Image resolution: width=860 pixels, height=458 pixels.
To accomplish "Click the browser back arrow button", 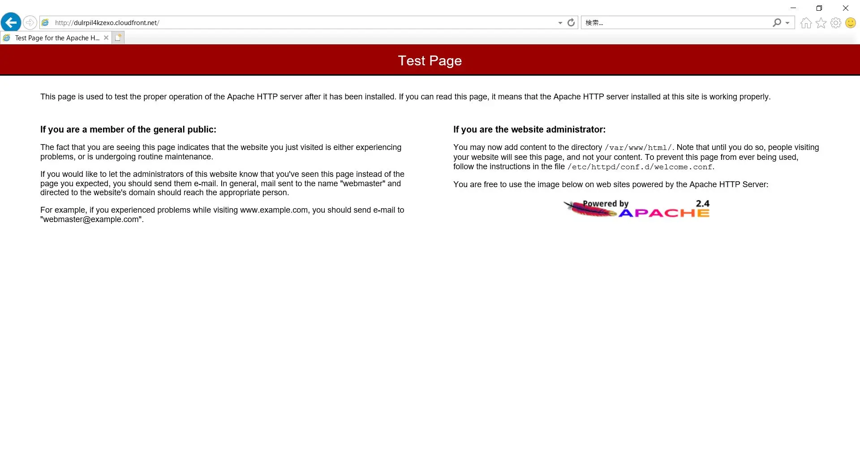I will [x=11, y=22].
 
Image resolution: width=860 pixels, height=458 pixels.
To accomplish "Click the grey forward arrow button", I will [x=30, y=22].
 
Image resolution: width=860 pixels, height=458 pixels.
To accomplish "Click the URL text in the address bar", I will [x=107, y=23].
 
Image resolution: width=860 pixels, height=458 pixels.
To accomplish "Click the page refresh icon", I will [x=571, y=22].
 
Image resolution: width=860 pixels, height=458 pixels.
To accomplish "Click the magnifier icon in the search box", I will [x=777, y=22].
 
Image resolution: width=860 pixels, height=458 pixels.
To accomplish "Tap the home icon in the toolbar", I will [x=806, y=23].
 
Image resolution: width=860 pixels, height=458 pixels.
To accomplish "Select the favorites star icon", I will [x=821, y=23].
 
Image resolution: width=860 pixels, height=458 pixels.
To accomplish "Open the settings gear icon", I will [x=835, y=23].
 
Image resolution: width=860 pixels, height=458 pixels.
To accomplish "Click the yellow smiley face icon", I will [x=850, y=23].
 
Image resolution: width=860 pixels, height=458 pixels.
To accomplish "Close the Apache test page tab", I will [x=106, y=38].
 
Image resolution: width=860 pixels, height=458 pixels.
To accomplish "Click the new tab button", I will [x=118, y=38].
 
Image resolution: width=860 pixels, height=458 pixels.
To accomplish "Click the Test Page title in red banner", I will [x=430, y=61].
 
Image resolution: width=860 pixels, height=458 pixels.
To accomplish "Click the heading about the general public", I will [x=128, y=129].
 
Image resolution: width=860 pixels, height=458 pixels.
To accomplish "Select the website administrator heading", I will [x=529, y=129].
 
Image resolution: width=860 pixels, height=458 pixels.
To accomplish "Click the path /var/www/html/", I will [x=638, y=148].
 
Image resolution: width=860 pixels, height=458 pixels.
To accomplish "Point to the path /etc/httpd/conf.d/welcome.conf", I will [x=640, y=167].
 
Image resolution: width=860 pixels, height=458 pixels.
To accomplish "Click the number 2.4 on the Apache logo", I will [x=702, y=204].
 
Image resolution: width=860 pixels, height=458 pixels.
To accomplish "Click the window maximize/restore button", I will [x=819, y=8].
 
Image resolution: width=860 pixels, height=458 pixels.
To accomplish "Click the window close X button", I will [x=846, y=8].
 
